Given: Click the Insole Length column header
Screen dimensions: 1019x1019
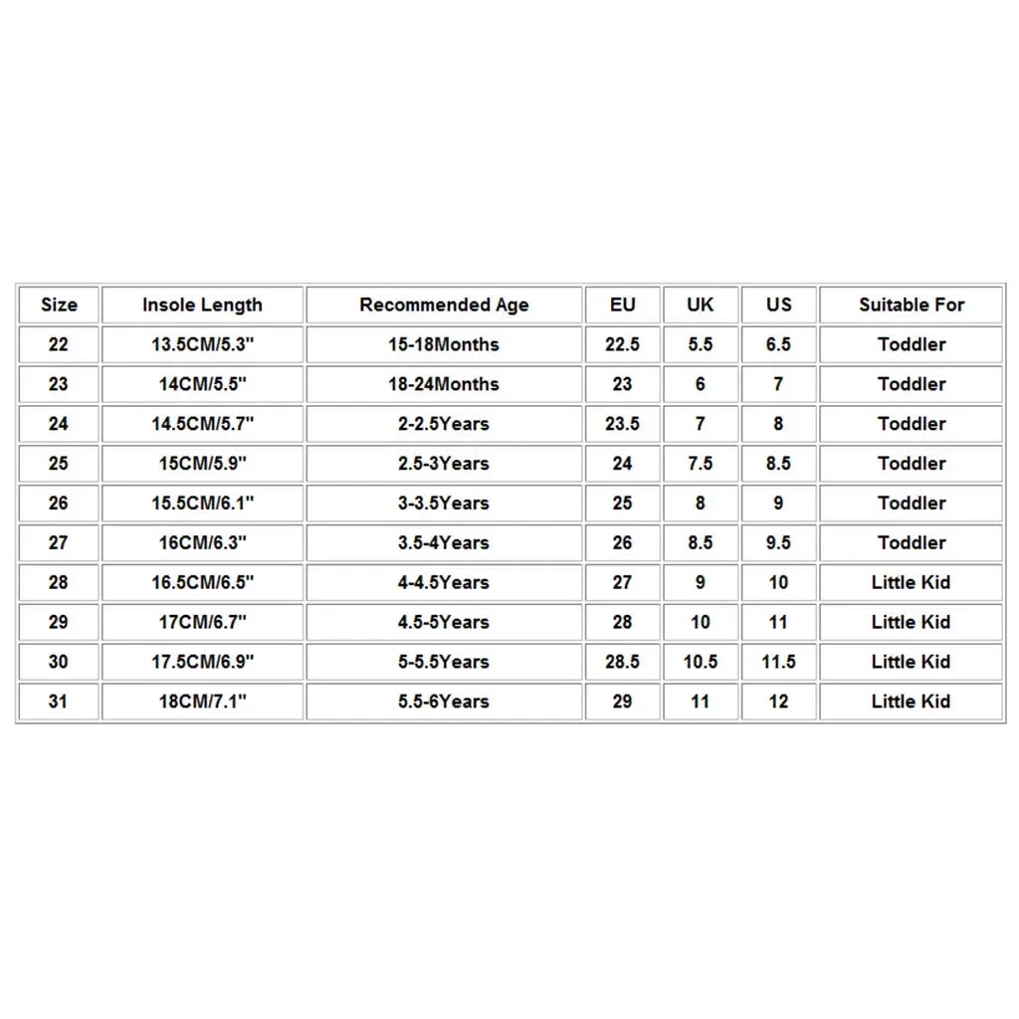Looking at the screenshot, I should tap(202, 305).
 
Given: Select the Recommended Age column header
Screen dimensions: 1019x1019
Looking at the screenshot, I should tap(444, 305).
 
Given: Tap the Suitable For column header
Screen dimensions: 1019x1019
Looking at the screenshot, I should tap(912, 305).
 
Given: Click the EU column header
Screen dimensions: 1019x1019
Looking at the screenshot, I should tap(622, 305).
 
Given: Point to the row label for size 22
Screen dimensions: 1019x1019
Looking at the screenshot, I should tap(59, 344).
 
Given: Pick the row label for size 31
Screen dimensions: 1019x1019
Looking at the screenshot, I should tap(59, 702).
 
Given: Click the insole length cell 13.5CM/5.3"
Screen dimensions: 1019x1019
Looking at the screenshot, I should tap(202, 344).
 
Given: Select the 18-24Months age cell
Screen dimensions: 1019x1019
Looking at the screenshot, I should tap(444, 384).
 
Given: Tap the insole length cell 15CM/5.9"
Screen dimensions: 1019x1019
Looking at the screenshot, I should tap(202, 464).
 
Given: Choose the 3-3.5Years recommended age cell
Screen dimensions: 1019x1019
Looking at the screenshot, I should tap(444, 504).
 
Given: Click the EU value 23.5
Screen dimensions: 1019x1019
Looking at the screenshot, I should tap(622, 424).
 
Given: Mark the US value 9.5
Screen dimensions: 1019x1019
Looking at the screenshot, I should tap(778, 543).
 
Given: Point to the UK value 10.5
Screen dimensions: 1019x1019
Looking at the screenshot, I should tap(701, 662).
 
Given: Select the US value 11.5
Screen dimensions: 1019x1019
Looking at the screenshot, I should tap(778, 662).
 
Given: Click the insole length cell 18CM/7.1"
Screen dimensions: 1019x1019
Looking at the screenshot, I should tap(202, 702).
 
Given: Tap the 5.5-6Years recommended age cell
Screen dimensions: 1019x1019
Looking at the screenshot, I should tap(444, 702).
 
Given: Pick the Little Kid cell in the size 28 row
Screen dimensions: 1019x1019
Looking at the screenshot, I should tap(911, 583).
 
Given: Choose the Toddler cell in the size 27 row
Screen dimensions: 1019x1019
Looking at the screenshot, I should tap(912, 543).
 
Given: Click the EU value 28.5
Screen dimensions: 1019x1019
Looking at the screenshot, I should tap(622, 662).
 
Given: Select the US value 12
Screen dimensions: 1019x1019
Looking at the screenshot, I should tap(778, 702).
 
